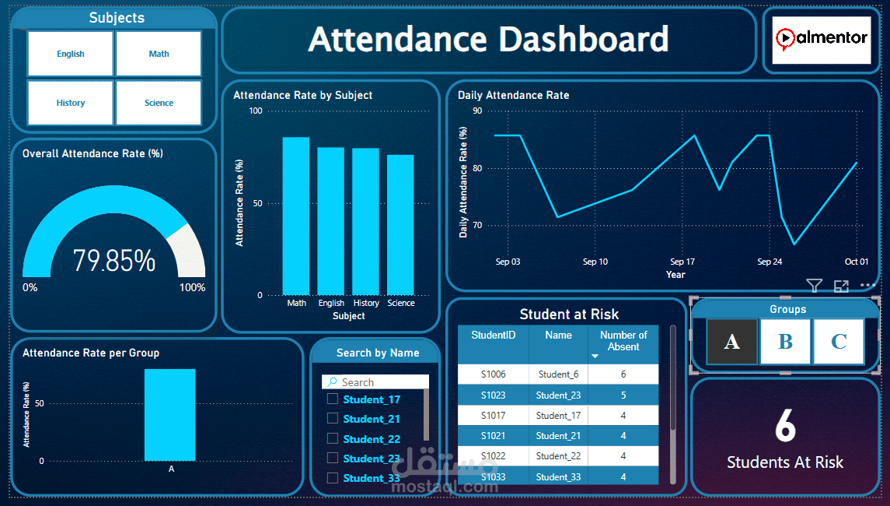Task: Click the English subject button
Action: [71, 54]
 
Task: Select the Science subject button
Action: [159, 103]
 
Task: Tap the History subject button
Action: [71, 103]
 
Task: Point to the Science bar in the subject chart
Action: [400, 225]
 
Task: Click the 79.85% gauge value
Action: [114, 261]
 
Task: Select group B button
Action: [785, 341]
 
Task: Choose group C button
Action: [838, 341]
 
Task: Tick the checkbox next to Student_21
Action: [333, 418]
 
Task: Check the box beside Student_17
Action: [333, 399]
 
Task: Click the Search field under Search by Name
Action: [376, 382]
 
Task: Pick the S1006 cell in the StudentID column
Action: [493, 374]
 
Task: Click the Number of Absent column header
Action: [623, 341]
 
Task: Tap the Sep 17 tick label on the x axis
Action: [682, 262]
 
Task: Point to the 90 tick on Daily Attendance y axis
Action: [477, 111]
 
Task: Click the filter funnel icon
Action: [814, 286]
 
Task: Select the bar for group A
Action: [169, 414]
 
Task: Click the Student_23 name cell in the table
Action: [558, 395]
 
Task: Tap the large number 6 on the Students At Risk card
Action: [785, 426]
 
